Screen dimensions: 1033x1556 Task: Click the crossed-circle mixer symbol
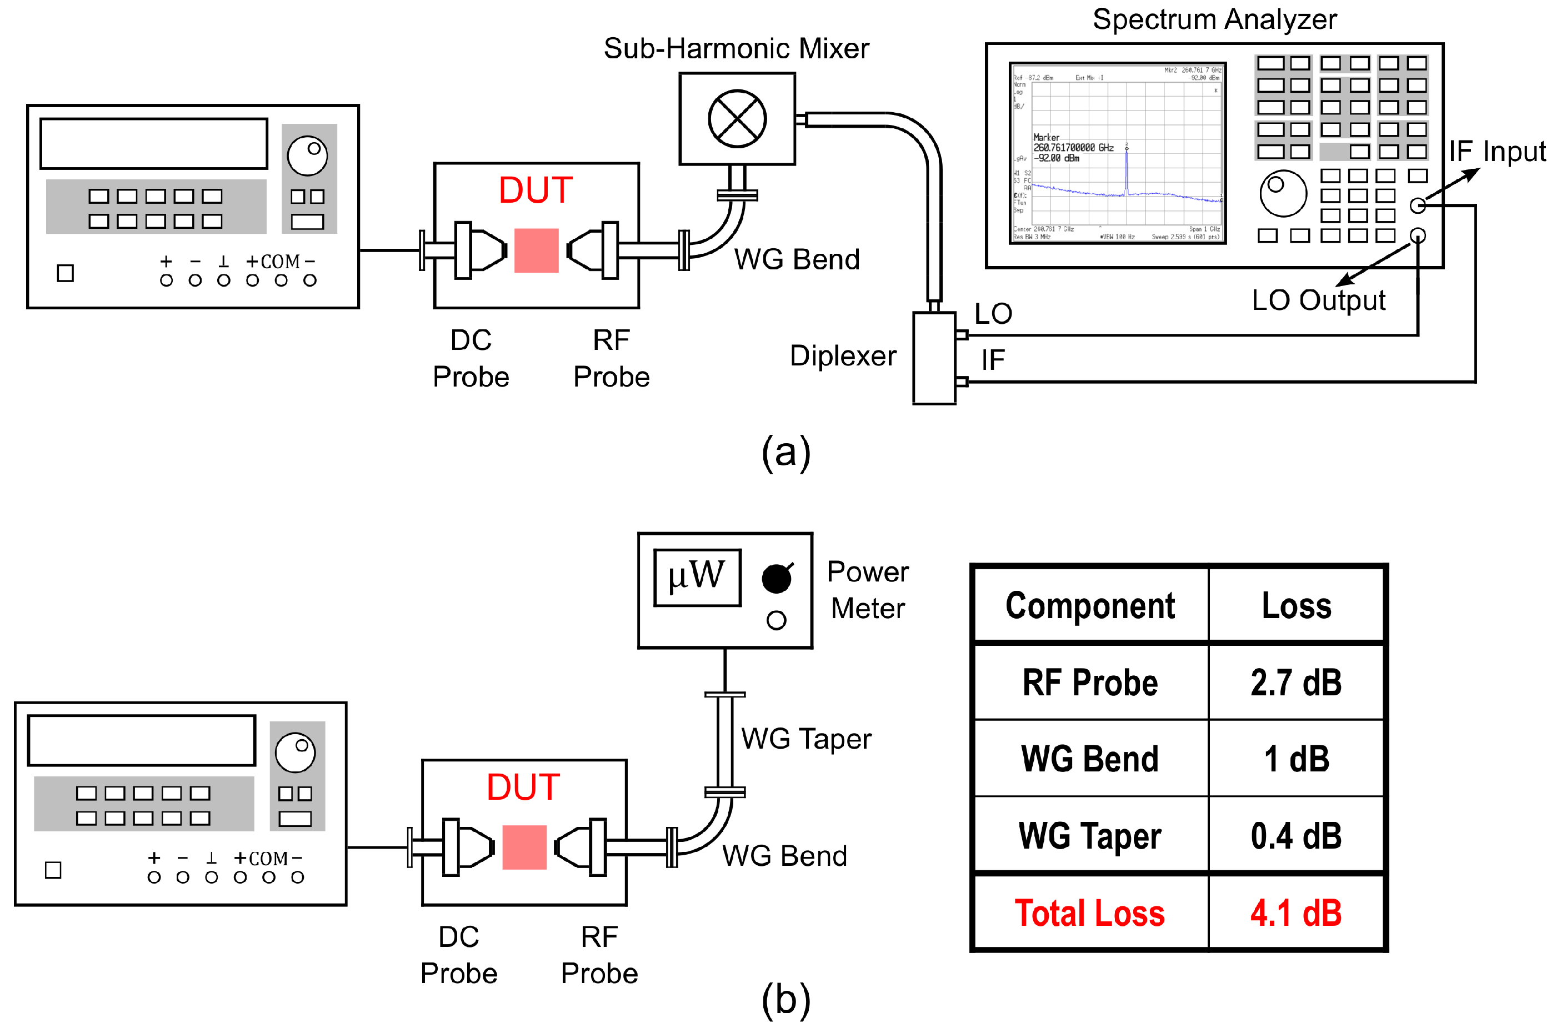737,119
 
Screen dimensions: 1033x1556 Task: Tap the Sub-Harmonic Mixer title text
736,49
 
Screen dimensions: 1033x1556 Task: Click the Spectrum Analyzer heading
1214,19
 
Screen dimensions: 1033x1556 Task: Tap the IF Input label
1497,152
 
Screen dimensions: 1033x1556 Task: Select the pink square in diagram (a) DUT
536,250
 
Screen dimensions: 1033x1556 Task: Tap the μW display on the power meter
697,577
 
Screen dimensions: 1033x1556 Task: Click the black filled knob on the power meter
776,579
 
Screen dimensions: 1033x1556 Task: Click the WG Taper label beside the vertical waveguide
805,739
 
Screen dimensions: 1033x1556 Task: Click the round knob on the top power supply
307,156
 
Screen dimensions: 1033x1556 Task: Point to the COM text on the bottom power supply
268,859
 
